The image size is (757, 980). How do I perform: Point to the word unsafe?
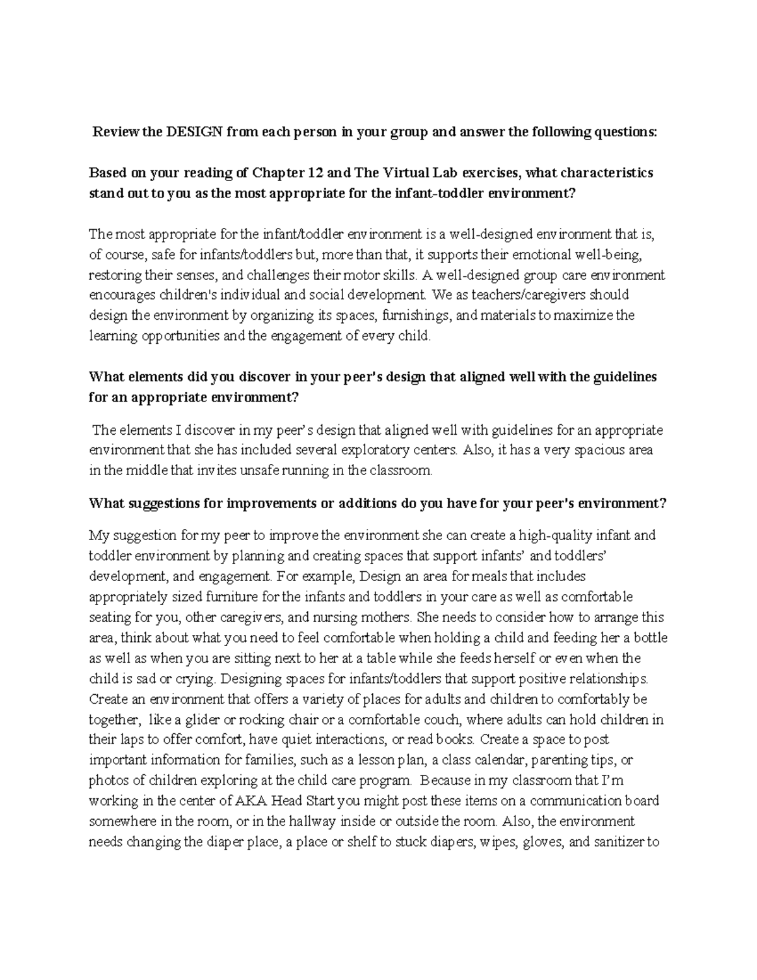click(x=257, y=471)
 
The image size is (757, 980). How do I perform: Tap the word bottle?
click(x=649, y=638)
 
